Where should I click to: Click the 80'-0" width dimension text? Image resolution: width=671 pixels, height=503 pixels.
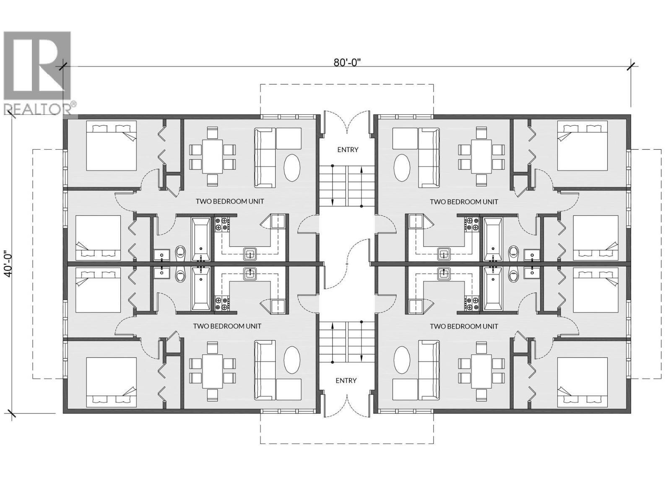tap(347, 62)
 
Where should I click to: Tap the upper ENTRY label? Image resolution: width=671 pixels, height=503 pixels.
tap(348, 150)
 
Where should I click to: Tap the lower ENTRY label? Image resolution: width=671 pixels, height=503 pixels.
tap(346, 380)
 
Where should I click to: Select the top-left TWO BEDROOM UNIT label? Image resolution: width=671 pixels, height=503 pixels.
tap(230, 201)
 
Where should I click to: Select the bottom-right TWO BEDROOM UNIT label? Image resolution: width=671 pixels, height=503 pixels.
tap(464, 326)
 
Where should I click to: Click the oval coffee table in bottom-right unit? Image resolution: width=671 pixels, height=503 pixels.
tap(402, 360)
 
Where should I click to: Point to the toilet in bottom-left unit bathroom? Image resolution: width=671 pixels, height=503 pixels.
tap(181, 275)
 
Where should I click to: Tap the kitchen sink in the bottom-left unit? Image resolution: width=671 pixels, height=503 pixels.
tap(250, 274)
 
